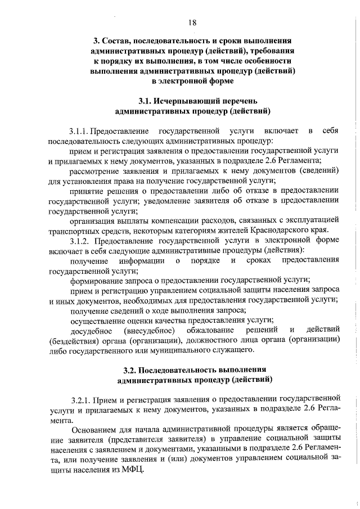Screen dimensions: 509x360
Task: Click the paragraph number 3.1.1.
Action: [x=79, y=131]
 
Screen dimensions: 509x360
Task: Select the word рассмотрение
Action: [x=93, y=170]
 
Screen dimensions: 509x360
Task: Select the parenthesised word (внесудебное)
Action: [x=145, y=329]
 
